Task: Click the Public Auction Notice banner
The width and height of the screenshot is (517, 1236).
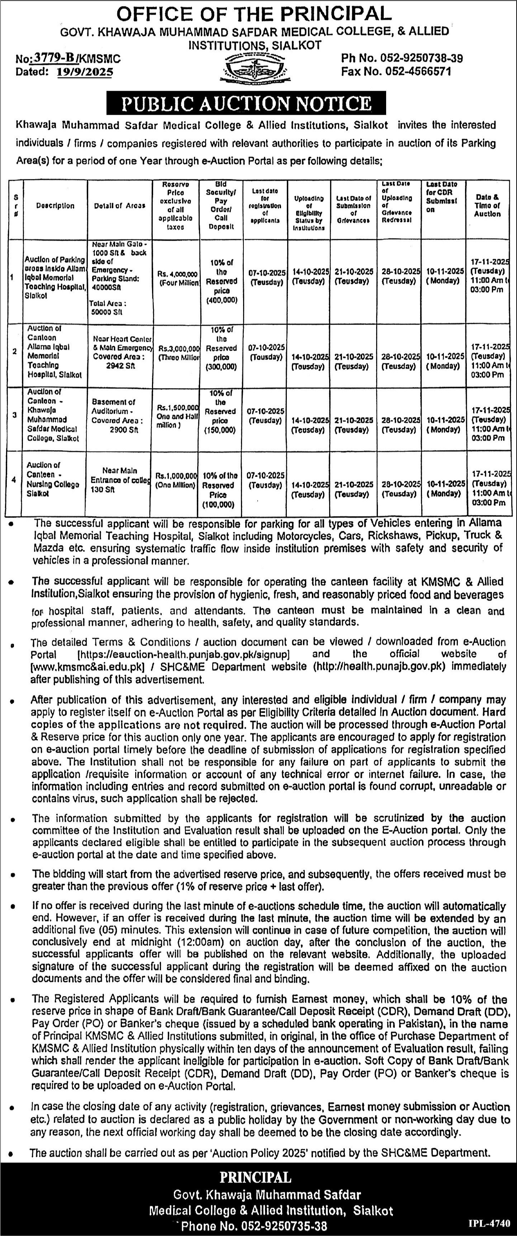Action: pos(246,103)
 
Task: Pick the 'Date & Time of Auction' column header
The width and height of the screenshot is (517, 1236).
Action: pos(487,206)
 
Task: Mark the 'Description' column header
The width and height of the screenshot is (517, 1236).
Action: pos(55,206)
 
